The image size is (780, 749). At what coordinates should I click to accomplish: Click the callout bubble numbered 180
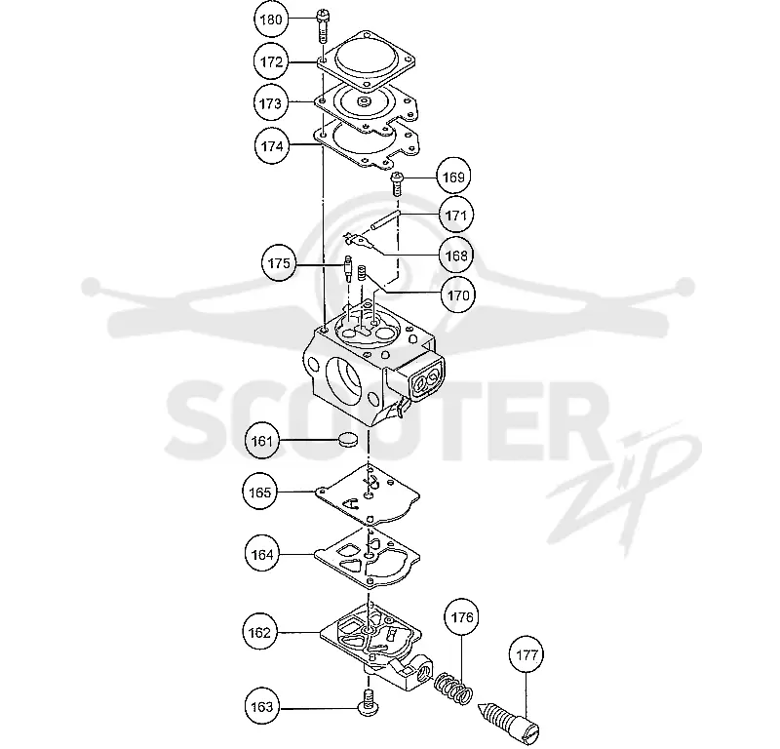coord(271,20)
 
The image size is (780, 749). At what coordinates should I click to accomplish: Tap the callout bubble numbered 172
coord(271,61)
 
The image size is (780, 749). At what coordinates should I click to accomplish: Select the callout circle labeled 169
coord(453,177)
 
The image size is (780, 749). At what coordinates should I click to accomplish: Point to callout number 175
coord(279,262)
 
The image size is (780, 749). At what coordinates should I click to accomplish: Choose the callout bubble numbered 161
coord(262,441)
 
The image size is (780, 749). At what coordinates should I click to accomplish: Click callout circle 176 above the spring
coord(461,617)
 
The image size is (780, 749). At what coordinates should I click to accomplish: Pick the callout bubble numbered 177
coord(526,655)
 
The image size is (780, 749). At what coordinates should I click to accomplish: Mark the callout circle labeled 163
coord(262,707)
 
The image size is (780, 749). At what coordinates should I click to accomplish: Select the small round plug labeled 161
coord(348,439)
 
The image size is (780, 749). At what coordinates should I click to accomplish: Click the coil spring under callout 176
coord(452,688)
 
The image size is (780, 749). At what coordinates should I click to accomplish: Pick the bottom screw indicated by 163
coord(369,702)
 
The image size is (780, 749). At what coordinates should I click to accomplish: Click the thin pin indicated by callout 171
coord(384,220)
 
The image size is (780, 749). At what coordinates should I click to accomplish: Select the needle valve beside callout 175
coord(349,268)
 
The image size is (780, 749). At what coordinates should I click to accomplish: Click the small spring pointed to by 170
coord(363,273)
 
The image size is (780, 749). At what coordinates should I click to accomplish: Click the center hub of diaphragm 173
coord(364,102)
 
